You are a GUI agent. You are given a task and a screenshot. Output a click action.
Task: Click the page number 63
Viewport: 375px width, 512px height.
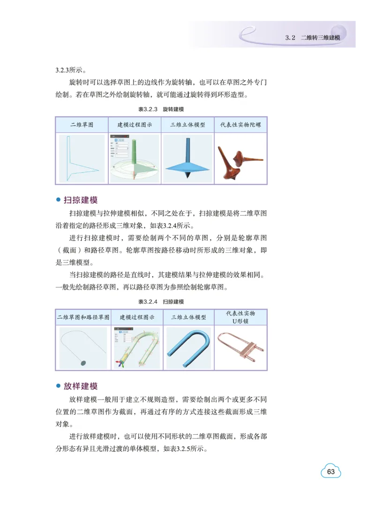pyautogui.click(x=331, y=471)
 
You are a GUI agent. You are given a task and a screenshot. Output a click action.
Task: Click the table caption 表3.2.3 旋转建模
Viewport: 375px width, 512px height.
pyautogui.click(x=161, y=109)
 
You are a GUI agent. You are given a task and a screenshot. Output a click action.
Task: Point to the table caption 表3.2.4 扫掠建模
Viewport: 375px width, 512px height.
pyautogui.click(x=161, y=301)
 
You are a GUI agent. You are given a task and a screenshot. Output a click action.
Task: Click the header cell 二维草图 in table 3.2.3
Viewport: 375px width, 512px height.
pyautogui.click(x=82, y=125)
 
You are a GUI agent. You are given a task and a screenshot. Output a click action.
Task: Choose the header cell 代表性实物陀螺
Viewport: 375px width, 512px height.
pyautogui.click(x=240, y=125)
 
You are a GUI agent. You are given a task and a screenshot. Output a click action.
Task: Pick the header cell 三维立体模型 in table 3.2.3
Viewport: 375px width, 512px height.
pyautogui.click(x=187, y=125)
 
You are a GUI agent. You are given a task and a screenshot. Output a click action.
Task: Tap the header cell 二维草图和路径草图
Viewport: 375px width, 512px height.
pyautogui.click(x=83, y=317)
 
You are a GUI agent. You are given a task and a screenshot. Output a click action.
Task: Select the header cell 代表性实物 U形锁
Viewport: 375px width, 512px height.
pyautogui.click(x=240, y=317)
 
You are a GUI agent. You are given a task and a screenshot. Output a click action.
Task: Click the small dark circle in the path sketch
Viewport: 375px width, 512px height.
pyautogui.click(x=83, y=362)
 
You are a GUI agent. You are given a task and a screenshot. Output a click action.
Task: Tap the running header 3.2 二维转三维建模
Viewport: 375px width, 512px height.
pyautogui.click(x=313, y=37)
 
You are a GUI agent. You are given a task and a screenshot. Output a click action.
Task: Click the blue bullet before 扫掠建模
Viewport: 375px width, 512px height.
pyautogui.click(x=59, y=200)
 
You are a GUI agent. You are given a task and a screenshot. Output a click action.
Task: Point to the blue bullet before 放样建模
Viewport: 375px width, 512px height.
pyautogui.click(x=59, y=386)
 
